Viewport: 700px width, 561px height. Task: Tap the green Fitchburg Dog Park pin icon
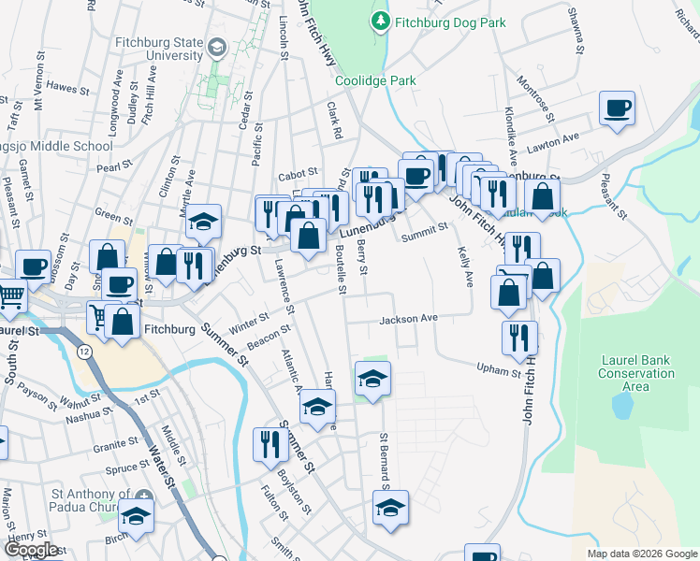click(x=381, y=20)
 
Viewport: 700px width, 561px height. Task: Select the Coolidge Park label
click(x=376, y=81)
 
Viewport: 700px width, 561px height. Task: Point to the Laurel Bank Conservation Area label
click(x=636, y=373)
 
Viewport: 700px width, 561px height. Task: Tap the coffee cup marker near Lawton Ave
click(x=618, y=109)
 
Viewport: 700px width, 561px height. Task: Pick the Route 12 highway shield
click(x=84, y=351)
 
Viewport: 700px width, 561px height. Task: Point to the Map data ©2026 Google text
click(x=641, y=554)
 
